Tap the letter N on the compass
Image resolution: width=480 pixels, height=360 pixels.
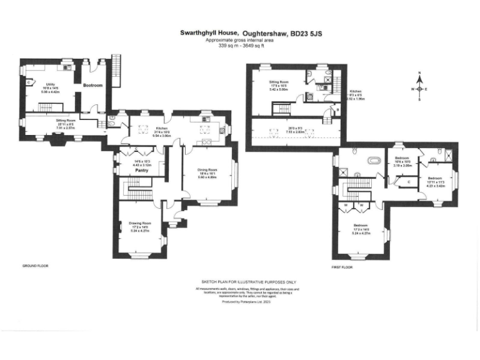pos(420,73)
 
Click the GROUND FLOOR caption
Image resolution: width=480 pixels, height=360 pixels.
pos(35,266)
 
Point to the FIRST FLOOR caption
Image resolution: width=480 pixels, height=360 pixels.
pos(342,267)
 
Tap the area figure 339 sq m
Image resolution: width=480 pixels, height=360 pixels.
pos(226,46)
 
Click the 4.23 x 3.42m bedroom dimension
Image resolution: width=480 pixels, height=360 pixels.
pos(436,168)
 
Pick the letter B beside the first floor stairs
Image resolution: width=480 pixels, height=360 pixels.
pos(337,110)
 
